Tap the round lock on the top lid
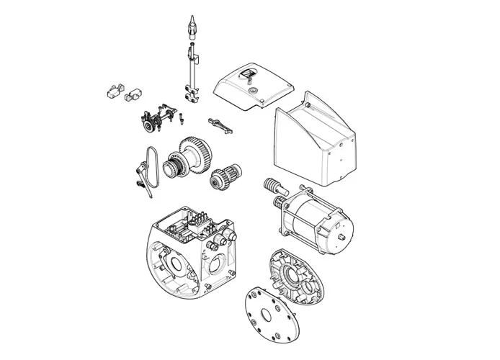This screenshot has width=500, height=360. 253,91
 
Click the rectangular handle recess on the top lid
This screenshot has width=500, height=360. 246,74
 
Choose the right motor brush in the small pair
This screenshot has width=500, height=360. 132,93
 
